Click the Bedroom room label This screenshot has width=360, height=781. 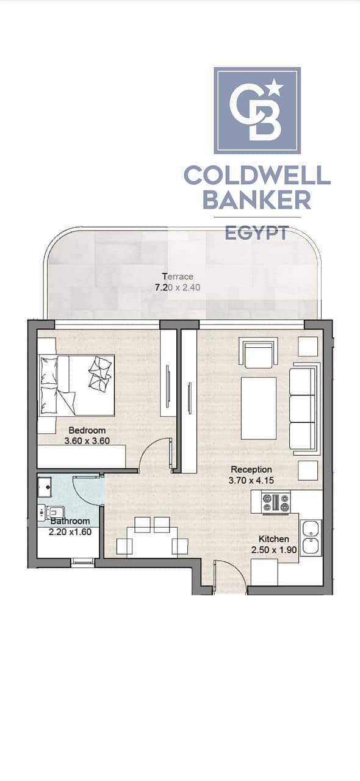click(x=87, y=430)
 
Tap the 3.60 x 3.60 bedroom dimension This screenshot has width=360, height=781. click(x=87, y=441)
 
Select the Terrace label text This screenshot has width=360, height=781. click(x=178, y=276)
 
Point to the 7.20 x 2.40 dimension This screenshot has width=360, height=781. click(x=178, y=287)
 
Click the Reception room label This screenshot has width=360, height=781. click(x=251, y=469)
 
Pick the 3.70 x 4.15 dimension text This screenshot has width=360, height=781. click(x=251, y=480)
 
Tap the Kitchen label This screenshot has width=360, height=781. click(x=274, y=539)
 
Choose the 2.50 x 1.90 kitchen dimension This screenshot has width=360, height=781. click(x=274, y=550)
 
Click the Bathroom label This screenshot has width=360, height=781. click(x=70, y=521)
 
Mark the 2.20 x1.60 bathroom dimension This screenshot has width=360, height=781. click(x=70, y=532)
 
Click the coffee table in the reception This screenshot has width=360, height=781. click(x=259, y=408)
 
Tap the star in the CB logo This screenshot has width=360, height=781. click(x=275, y=87)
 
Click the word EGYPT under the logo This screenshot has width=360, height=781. click(x=257, y=232)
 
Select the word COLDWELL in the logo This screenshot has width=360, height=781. click(x=257, y=175)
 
